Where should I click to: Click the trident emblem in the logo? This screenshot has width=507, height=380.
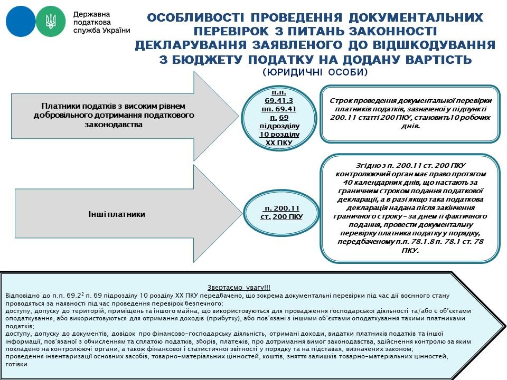[x=51, y=21]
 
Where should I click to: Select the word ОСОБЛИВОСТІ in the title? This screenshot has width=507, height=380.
[x=187, y=18]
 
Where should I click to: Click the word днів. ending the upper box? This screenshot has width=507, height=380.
[x=410, y=127]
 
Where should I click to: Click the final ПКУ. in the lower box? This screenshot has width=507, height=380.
[x=410, y=250]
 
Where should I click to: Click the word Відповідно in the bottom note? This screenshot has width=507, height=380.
[x=21, y=296]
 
